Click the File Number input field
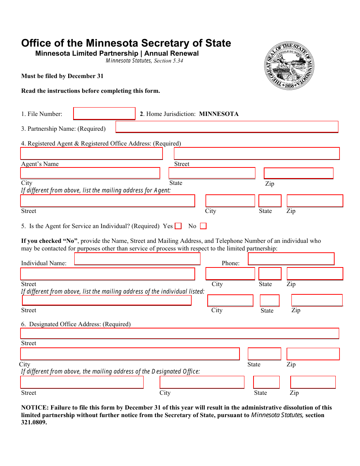104,114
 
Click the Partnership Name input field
227,127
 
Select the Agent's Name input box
91,153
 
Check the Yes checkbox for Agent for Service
178,226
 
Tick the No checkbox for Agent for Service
203,226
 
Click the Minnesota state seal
289,66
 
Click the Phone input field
291,259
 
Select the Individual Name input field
137,259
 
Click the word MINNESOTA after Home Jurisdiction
219,114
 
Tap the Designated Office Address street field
179,333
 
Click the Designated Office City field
130,354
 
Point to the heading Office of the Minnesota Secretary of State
126,43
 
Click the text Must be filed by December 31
62,76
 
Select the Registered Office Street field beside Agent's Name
257,153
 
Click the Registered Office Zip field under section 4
298,173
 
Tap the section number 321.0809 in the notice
34,422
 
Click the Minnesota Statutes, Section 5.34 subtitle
144,61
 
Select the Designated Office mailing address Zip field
313,382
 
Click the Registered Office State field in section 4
212,173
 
